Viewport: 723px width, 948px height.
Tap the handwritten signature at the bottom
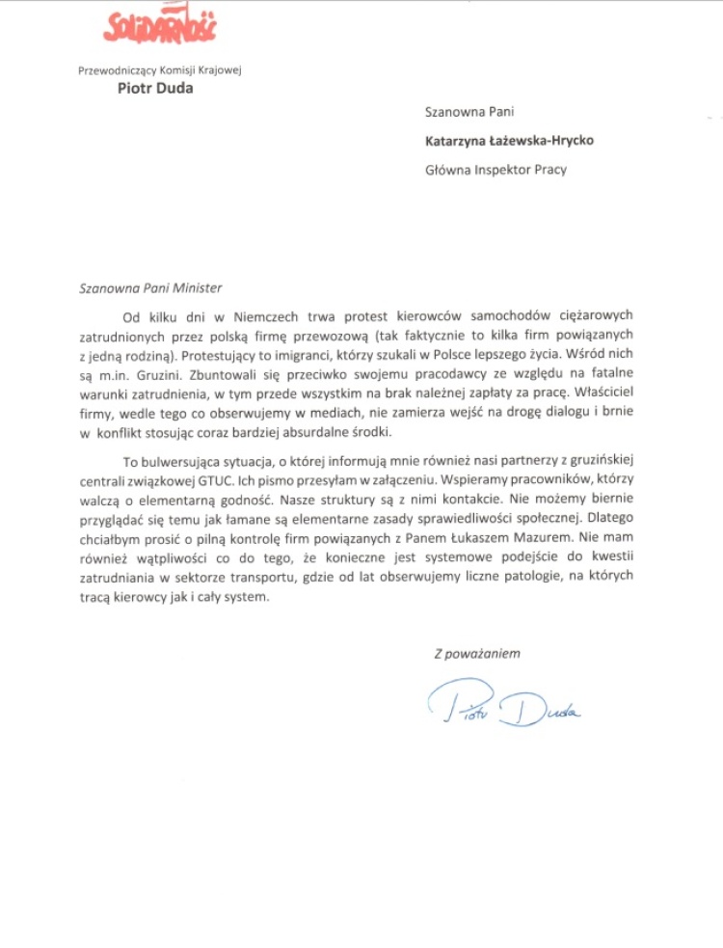(x=502, y=705)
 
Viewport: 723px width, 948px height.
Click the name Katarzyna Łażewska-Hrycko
(x=509, y=141)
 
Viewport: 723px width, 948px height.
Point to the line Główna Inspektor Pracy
(x=495, y=170)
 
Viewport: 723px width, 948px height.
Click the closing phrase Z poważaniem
(x=476, y=653)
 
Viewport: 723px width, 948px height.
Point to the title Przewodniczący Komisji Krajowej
(x=159, y=68)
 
